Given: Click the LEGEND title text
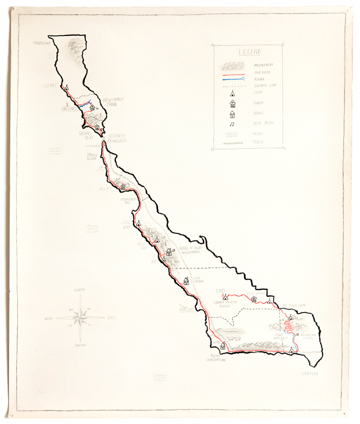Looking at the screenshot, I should [248, 52].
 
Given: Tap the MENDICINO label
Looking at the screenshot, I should [41, 42].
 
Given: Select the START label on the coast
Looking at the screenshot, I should [50, 85].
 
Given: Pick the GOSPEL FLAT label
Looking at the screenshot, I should [87, 135].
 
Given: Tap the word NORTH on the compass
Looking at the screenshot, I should [80, 290].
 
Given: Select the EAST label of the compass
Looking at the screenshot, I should [111, 318].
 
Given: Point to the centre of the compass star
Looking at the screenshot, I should [80, 317].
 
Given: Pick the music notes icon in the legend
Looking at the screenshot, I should [232, 124].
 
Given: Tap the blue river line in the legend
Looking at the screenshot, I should [232, 79].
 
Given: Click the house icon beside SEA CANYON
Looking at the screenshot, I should [186, 281].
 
